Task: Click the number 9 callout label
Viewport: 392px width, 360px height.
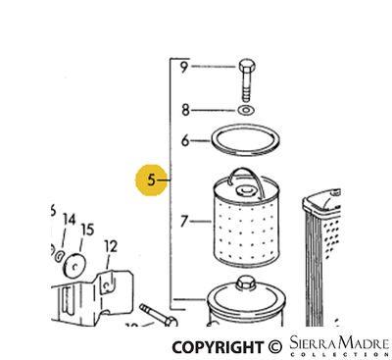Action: [183, 67]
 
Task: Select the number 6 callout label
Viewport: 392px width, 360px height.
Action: [183, 140]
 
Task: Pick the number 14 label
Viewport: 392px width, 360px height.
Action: [70, 218]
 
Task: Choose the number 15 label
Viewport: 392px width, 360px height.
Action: [87, 231]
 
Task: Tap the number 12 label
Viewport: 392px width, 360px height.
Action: [111, 245]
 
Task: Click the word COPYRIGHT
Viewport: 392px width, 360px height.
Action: [218, 346]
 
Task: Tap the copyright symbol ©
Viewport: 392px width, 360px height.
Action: [274, 346]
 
